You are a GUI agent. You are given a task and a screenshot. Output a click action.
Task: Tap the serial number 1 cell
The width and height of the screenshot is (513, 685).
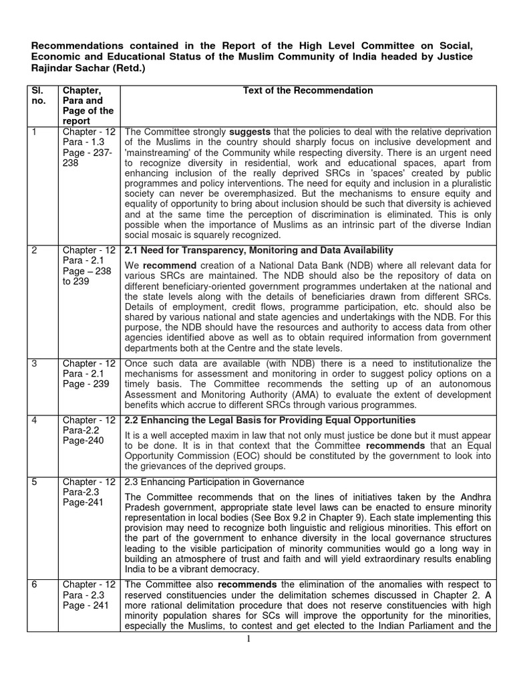(35, 132)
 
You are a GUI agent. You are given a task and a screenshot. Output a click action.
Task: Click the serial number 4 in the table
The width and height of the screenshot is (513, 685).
(35, 420)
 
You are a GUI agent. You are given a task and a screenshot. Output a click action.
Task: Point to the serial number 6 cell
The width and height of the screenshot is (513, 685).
(35, 585)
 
